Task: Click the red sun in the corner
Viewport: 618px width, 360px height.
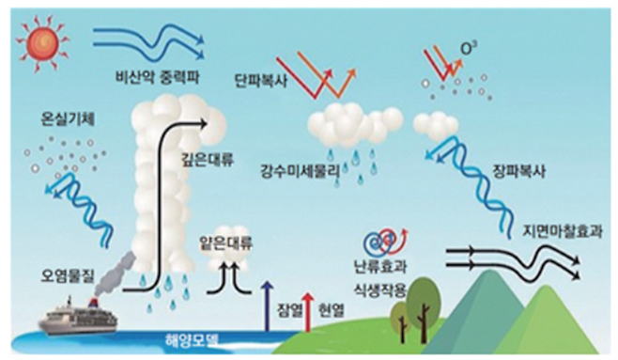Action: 42,43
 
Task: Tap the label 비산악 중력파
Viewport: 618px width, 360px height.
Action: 157,77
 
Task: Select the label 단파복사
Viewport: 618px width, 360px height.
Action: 261,81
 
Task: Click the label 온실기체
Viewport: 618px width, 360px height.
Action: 68,119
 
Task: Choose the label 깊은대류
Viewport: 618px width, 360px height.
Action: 208,159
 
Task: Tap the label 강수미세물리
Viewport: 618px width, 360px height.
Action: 300,171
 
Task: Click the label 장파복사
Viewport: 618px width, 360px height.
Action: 519,171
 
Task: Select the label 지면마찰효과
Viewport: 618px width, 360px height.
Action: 563,231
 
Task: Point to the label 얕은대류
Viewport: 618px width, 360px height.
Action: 225,243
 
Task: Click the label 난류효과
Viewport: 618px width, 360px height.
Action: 380,267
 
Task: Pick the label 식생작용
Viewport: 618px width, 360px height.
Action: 380,290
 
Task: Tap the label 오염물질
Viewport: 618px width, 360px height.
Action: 68,275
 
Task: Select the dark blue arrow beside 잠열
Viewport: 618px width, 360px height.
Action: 268,306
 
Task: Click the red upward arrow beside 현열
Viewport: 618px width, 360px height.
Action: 308,311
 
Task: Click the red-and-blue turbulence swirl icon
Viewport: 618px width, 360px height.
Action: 385,242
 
